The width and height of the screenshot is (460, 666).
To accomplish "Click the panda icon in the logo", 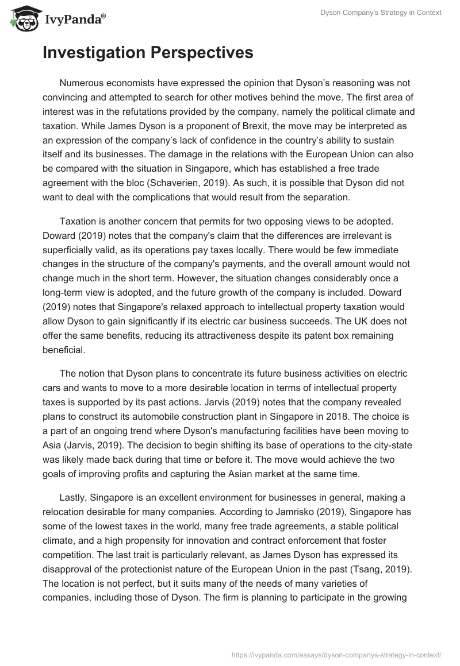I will (21, 19).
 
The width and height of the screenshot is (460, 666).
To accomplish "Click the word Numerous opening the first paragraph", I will (86, 83).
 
